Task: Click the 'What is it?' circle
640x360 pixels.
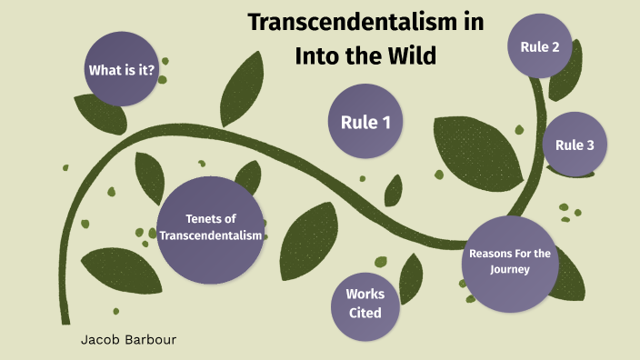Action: coord(122,69)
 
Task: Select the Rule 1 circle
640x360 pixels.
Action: coord(365,122)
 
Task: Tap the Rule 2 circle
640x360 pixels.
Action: coord(539,46)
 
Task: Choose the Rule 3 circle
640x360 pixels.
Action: coord(575,145)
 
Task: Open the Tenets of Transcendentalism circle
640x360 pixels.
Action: coord(211,228)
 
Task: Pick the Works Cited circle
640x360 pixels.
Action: coord(365,304)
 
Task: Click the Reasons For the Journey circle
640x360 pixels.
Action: coord(509,262)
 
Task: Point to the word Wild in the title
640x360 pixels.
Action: coord(409,55)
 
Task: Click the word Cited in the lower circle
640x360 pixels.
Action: coord(365,313)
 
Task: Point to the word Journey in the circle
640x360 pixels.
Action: coord(509,270)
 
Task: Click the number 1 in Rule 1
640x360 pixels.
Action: coord(385,122)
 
